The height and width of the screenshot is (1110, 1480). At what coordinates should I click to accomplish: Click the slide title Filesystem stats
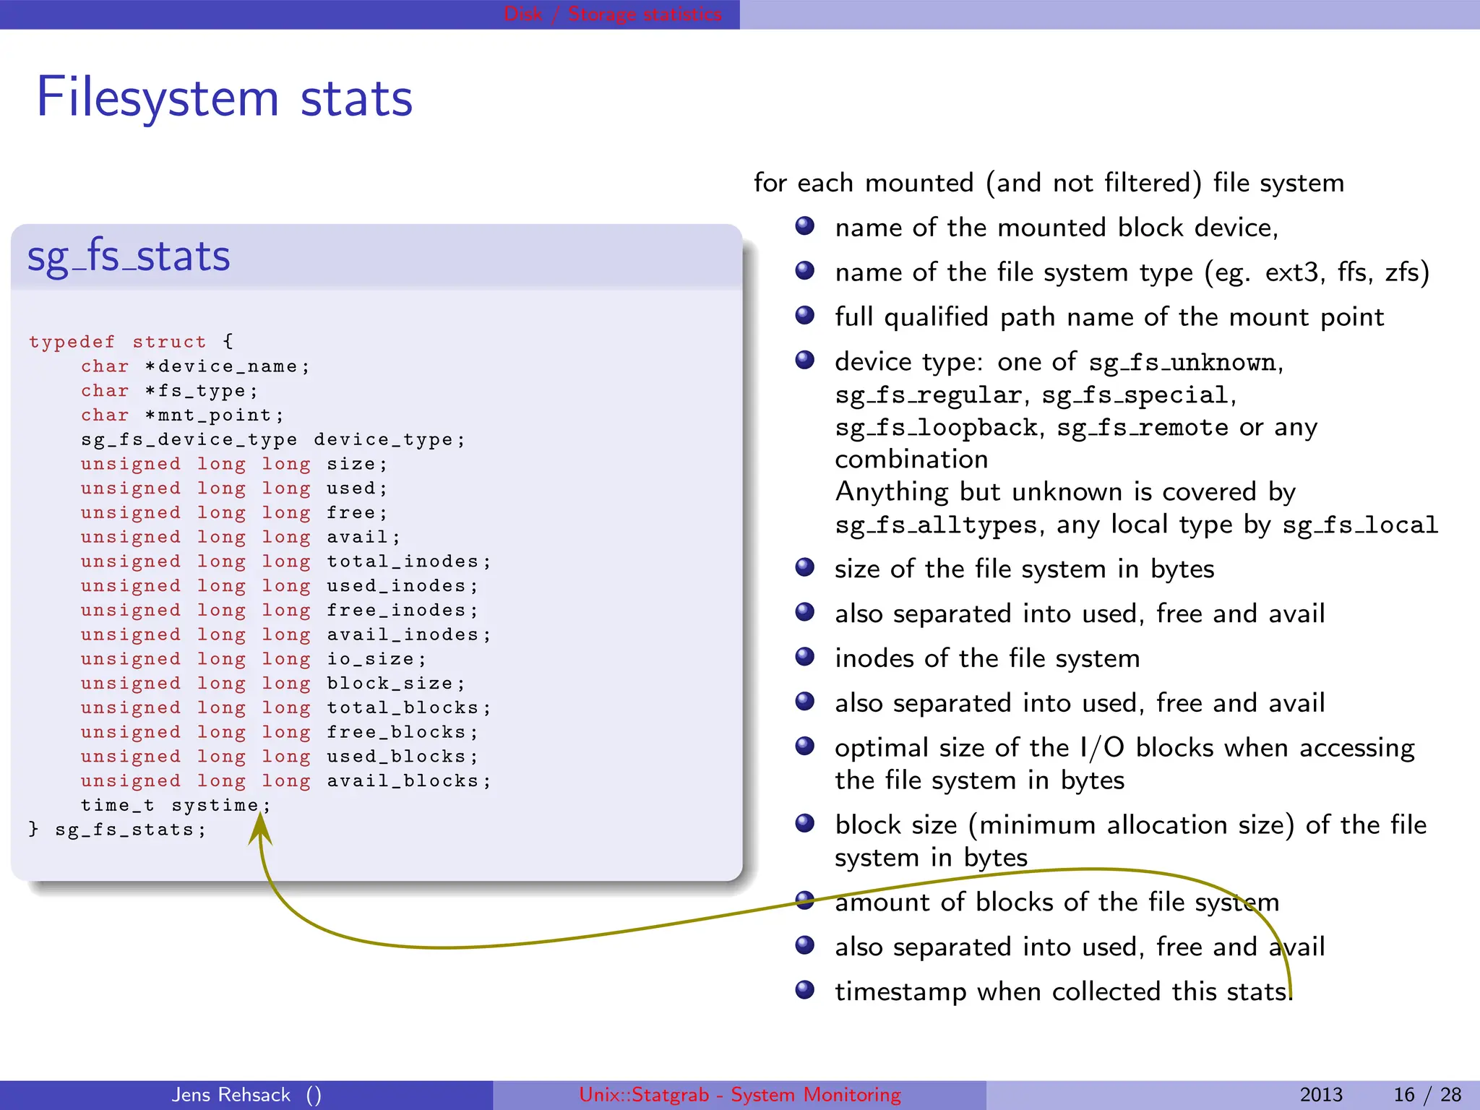point(224,98)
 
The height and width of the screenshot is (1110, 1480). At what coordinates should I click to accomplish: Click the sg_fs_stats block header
point(129,257)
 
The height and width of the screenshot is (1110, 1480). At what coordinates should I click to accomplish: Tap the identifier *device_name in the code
point(226,366)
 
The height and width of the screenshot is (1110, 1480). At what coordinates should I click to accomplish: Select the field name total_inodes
point(402,562)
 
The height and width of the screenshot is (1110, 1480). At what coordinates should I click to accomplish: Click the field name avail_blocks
point(402,781)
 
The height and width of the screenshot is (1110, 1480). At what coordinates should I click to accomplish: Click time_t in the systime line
point(117,805)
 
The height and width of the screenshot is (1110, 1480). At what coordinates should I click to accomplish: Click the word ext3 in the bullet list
point(1295,272)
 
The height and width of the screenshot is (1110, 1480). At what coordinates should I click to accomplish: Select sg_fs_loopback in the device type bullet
point(936,428)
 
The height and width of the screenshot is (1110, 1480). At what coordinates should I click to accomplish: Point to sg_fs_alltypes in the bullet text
point(936,525)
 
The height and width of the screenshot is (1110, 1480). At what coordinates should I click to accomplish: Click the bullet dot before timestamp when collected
point(804,989)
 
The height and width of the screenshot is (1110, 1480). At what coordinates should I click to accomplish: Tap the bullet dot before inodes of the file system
point(804,656)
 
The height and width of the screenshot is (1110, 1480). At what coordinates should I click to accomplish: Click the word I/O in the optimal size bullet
point(1102,747)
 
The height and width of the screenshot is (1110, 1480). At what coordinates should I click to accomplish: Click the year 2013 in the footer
point(1320,1094)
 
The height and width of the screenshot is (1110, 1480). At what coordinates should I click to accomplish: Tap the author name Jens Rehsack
point(231,1094)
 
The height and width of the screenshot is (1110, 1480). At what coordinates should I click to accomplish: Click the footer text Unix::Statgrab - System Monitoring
point(740,1094)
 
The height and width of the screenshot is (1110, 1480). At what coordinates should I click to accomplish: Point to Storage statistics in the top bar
point(645,14)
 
